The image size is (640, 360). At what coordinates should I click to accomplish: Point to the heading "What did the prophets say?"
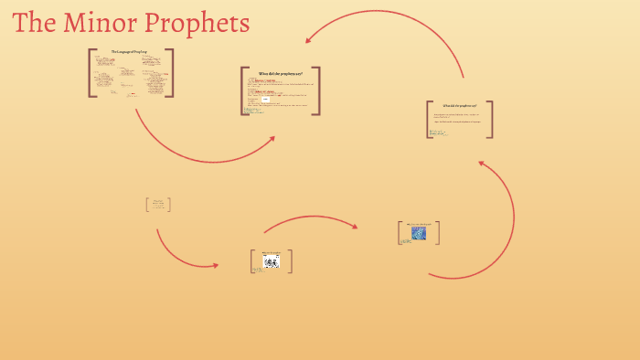460,106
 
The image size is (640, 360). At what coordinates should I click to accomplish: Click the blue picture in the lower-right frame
419,233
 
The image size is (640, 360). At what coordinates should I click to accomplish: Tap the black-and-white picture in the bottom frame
271,262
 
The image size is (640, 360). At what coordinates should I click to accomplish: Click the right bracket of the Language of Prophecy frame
171,73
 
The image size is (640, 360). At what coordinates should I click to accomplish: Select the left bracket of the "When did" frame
243,90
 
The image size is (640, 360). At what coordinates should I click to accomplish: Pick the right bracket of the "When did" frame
317,90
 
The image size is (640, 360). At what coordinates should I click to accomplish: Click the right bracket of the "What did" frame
490,119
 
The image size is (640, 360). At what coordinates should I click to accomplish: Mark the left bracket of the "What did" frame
429,119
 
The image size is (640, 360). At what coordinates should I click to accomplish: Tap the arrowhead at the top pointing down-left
311,38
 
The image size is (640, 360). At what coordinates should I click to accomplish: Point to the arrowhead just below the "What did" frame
483,164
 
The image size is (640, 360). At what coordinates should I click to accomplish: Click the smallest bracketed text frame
159,205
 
